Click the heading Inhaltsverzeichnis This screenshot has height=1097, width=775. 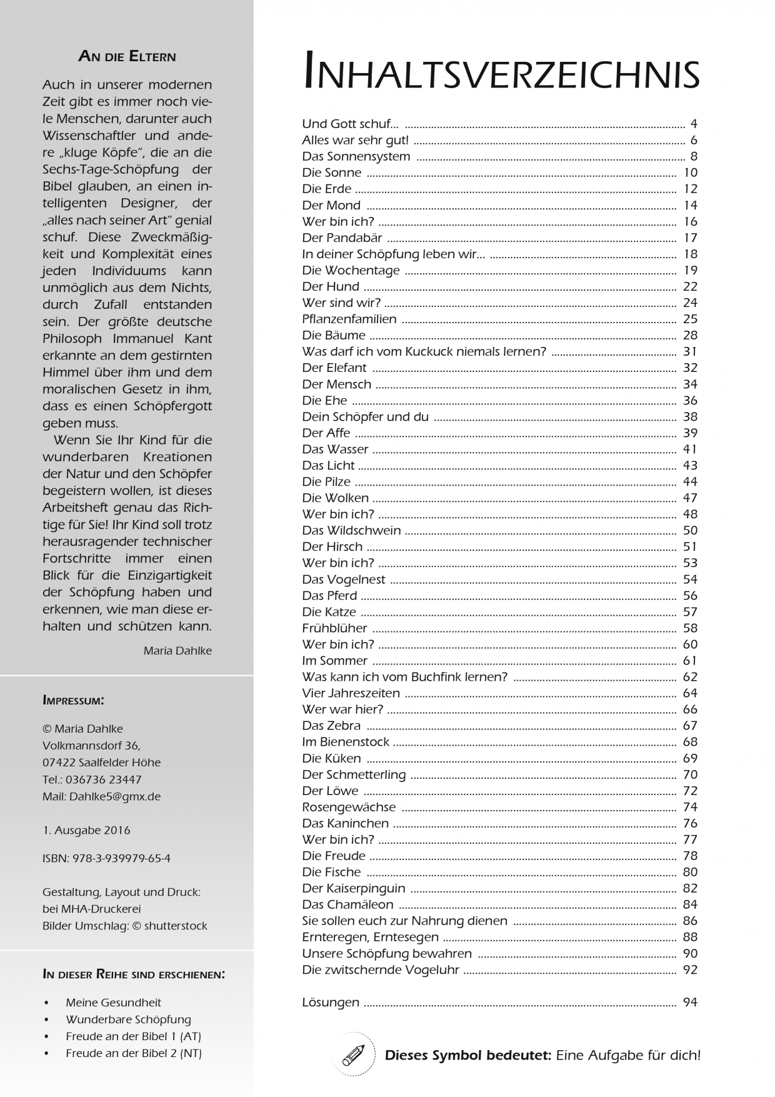click(x=501, y=71)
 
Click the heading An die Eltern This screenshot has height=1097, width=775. click(x=127, y=56)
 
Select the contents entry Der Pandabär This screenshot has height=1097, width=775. click(x=342, y=238)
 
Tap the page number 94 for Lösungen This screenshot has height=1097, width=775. click(x=689, y=1002)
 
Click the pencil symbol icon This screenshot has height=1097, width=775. click(x=353, y=1054)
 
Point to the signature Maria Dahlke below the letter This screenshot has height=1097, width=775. click(x=177, y=651)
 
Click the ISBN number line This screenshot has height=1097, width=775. click(x=106, y=858)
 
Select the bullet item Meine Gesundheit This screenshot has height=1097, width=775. click(x=113, y=1002)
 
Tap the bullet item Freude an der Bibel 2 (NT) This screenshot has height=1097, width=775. click(x=133, y=1053)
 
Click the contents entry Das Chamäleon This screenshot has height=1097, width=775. click(x=347, y=904)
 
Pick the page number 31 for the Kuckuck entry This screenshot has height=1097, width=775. click(x=689, y=351)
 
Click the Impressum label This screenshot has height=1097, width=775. click(x=73, y=700)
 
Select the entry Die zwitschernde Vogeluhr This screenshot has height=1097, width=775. click(x=380, y=969)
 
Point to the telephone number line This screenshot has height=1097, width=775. click(x=92, y=779)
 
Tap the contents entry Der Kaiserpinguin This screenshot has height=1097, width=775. click(x=353, y=888)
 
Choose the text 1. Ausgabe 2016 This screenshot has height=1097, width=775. click(x=86, y=830)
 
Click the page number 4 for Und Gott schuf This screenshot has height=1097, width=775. click(x=693, y=124)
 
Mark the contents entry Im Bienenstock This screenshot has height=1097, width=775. click(x=345, y=742)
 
